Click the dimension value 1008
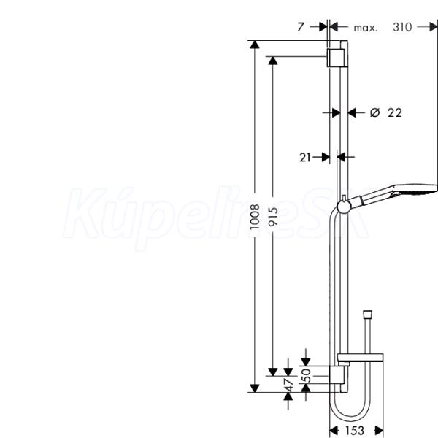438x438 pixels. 255,217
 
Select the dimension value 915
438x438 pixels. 273,216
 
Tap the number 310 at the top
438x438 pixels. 402,27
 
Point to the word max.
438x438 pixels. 366,28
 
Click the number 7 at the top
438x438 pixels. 301,27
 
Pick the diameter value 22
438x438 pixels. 395,112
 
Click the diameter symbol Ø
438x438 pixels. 375,112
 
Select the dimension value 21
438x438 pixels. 305,157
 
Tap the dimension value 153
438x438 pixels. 355,431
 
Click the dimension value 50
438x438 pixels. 307,375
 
